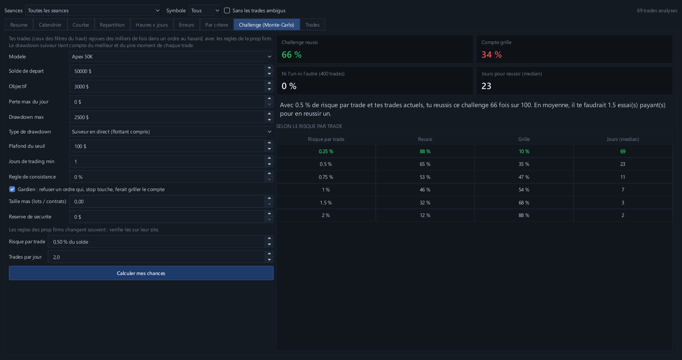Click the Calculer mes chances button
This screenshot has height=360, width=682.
(x=141, y=273)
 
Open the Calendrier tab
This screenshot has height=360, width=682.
(x=50, y=25)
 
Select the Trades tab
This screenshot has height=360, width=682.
(x=312, y=25)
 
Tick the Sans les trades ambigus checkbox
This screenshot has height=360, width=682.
(x=227, y=11)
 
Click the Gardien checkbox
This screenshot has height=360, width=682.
(x=12, y=189)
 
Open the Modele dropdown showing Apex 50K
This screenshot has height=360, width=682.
(x=171, y=57)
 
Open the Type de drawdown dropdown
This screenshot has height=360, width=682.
(x=171, y=132)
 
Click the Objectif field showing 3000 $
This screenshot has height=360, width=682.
(x=167, y=87)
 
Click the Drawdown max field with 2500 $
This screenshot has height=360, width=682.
(x=167, y=117)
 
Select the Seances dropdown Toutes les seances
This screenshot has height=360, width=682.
(x=93, y=11)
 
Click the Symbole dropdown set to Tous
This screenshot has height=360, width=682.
(x=205, y=11)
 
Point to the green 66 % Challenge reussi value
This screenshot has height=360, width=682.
(x=292, y=55)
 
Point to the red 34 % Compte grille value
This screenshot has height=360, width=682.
(x=491, y=55)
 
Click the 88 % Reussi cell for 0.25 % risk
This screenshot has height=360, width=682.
(x=425, y=152)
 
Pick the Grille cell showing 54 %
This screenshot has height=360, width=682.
(x=524, y=190)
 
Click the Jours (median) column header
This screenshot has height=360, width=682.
(x=623, y=139)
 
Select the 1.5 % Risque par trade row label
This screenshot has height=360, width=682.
(x=326, y=203)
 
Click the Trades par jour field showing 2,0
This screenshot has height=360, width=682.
(x=156, y=257)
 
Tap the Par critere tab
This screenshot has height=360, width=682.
(x=217, y=25)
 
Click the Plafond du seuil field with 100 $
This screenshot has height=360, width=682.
(x=167, y=146)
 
